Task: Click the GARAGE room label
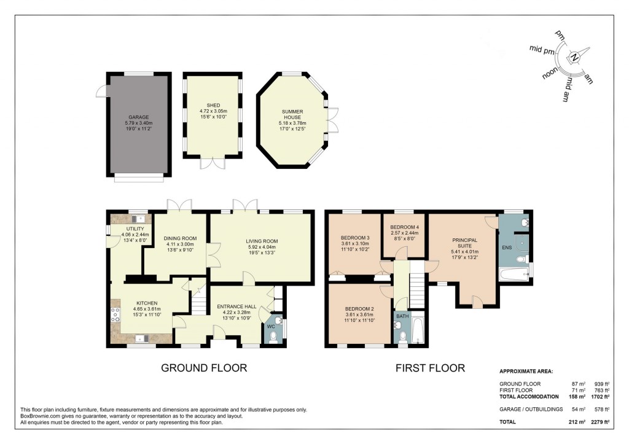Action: coord(138,117)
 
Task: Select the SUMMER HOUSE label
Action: coord(292,115)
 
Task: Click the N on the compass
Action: coord(574,58)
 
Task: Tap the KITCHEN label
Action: coord(147,303)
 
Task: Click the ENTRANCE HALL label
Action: coord(236,304)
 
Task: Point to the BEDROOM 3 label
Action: coord(355,238)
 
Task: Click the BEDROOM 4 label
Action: coord(404,227)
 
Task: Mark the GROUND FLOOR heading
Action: coord(203,368)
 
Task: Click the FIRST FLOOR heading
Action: coord(430,368)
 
